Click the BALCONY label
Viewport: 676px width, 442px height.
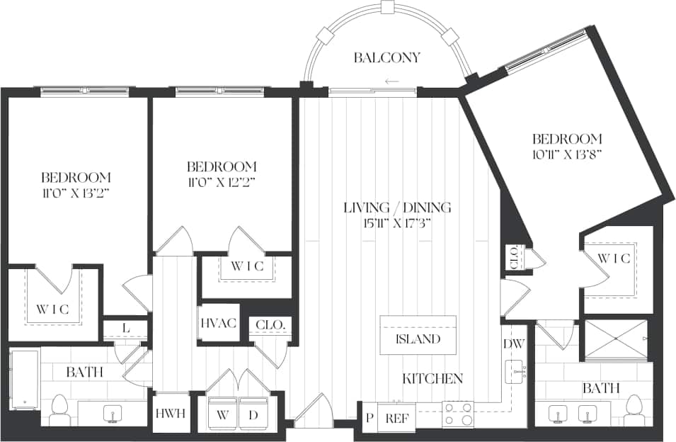tap(387, 58)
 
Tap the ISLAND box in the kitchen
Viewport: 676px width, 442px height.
tap(418, 339)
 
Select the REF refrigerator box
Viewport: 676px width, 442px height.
tap(396, 418)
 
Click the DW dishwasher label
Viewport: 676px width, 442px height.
tap(513, 344)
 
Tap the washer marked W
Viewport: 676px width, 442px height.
tap(222, 414)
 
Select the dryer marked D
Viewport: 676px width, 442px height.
tap(253, 414)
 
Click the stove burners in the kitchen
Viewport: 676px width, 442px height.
tap(458, 414)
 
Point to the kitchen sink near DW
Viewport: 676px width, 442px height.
tap(516, 371)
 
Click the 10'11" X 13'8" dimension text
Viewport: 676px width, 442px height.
tap(568, 154)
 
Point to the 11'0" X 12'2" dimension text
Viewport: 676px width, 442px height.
tap(222, 182)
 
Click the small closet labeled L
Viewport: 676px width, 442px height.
tap(125, 327)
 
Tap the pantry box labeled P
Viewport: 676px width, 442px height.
tap(369, 418)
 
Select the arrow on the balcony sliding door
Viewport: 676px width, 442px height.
tap(391, 81)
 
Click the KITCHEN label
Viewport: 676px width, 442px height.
tap(432, 379)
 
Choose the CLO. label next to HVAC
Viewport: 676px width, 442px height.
tap(270, 325)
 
